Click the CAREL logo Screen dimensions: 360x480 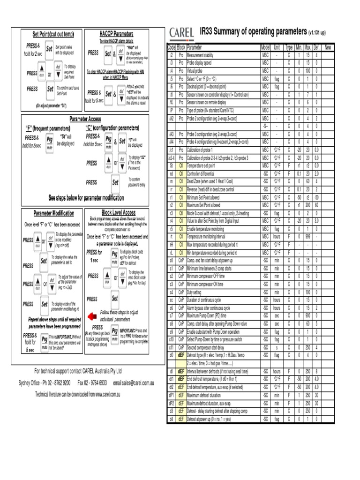coord(182,32)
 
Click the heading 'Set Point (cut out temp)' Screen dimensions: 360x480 coord(53,34)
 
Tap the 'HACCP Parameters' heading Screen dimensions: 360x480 coord(116,34)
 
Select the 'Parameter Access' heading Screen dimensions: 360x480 coord(86,119)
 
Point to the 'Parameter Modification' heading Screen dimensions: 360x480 coord(53,213)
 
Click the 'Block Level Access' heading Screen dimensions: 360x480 coord(118,212)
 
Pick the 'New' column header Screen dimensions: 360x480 coord(328,48)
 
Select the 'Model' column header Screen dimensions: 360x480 coord(265,48)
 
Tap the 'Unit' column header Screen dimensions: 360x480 coord(277,48)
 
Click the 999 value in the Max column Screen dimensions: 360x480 coord(307,237)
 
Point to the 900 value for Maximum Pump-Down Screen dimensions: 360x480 coord(307,315)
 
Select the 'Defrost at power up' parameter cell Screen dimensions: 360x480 coord(209,419)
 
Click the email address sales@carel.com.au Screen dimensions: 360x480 coord(134,383)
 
